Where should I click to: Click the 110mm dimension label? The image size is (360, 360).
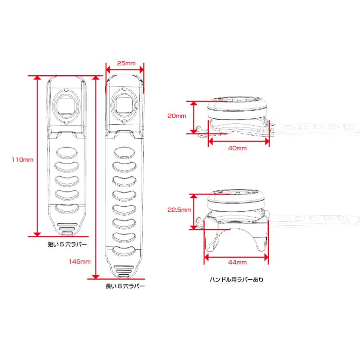tap(22, 160)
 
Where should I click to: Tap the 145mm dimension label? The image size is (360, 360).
tap(80, 262)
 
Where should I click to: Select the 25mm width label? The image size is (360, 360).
tap(126, 63)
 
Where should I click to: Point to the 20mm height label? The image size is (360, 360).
tap(176, 116)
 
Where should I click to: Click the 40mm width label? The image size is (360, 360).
tap(237, 148)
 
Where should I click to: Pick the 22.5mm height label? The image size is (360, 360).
tap(179, 210)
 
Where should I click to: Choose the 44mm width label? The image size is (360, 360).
tap(237, 262)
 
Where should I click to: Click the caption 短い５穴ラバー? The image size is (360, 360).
tap(67, 244)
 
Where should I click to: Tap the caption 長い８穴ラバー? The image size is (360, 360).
tap(125, 286)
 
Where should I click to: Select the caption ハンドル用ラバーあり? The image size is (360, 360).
tap(236, 280)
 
